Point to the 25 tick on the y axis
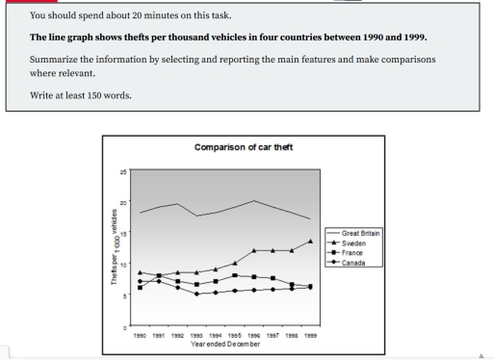click(122, 171)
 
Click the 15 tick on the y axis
click(122, 234)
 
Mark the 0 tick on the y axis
click(124, 327)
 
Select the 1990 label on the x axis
click(141, 337)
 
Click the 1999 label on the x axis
click(309, 337)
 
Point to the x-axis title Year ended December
click(225, 344)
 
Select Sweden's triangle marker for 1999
click(309, 242)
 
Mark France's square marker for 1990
click(141, 288)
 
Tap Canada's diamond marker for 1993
click(196, 294)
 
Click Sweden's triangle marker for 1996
click(253, 250)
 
